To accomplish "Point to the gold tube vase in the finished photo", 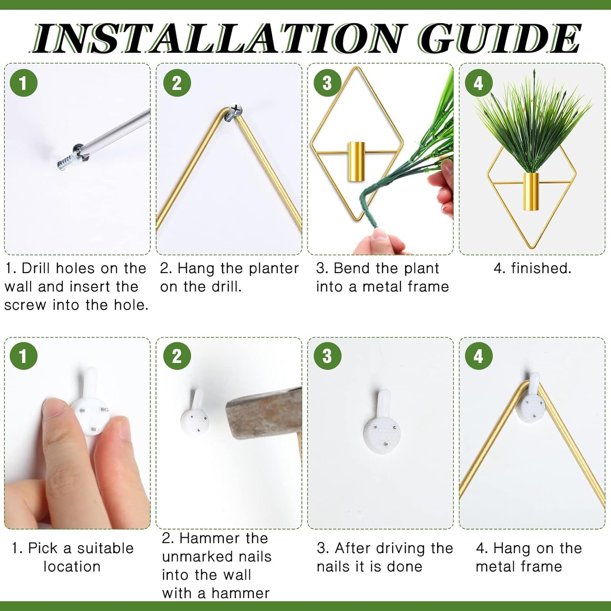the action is [531, 192].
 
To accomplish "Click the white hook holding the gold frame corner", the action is [531, 399].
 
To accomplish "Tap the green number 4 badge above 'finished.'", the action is [479, 83].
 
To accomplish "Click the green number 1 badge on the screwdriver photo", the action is [23, 83].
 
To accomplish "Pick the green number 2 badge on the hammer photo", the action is [177, 356].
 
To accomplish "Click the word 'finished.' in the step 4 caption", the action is [541, 268].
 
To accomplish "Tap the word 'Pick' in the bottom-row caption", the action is [43, 548].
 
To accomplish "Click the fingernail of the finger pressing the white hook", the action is [54, 409].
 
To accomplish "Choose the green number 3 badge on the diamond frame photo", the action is [327, 83].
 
